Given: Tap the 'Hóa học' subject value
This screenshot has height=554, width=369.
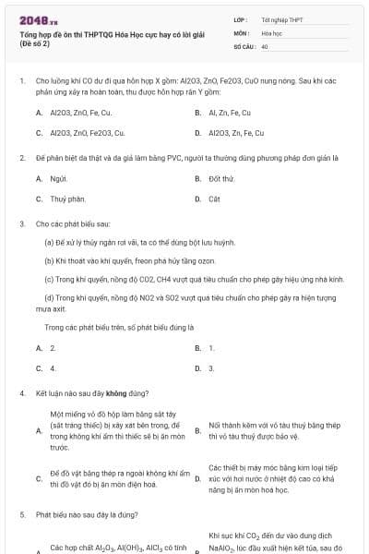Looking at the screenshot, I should [x=271, y=31].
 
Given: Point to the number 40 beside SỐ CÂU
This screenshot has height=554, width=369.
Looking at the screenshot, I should [x=265, y=45].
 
